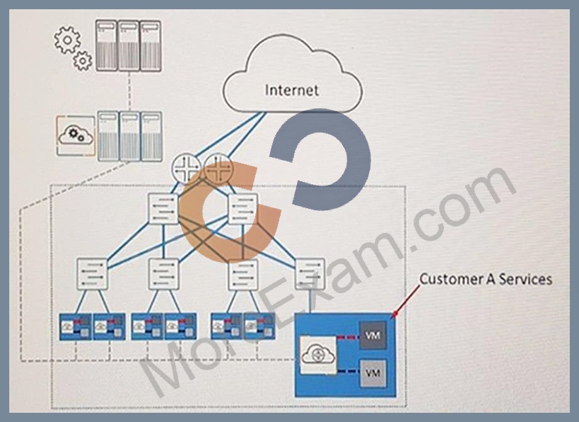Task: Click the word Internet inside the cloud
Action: tap(292, 90)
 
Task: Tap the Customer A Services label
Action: tap(486, 279)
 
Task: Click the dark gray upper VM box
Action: tap(373, 335)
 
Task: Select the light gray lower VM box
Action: tap(373, 373)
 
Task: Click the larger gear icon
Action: tap(67, 40)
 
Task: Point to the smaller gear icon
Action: tap(83, 61)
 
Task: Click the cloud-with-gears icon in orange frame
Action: tap(76, 136)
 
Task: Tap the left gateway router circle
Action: tap(186, 169)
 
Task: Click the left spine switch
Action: tap(163, 209)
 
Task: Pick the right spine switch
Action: tap(243, 209)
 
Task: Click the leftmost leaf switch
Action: tap(92, 274)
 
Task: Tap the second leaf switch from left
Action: tap(163, 274)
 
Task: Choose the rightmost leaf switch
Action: tap(310, 274)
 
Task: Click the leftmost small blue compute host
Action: tap(76, 326)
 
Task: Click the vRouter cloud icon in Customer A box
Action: tap(318, 355)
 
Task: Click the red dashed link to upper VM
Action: tap(348, 337)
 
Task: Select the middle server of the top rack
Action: tap(129, 45)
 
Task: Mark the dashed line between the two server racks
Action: tap(129, 91)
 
